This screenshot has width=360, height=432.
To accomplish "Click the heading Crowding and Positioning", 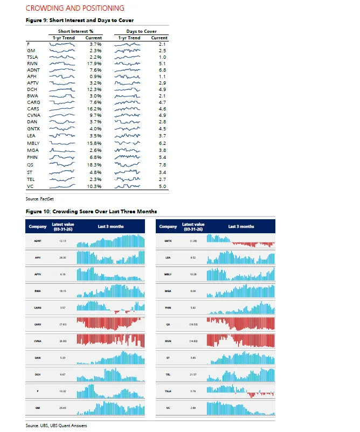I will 75,8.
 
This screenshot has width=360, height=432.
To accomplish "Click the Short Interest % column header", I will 76,32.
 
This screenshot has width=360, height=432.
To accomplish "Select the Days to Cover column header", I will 142,32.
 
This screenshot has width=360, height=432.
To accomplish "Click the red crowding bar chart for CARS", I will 110,324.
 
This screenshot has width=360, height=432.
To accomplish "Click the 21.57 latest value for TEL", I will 193,374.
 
